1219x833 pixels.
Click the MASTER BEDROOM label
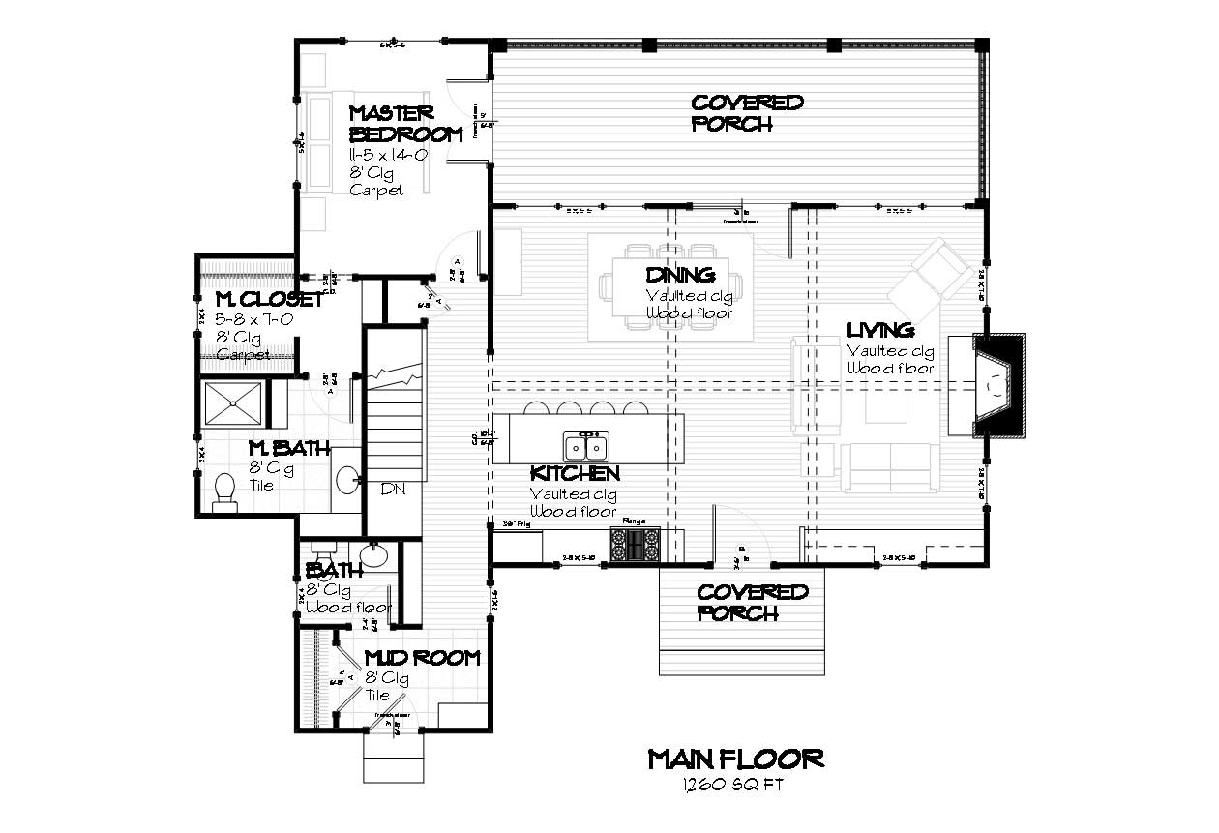tap(404, 124)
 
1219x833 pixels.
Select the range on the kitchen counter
tap(635, 544)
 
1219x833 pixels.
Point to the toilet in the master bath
tap(224, 490)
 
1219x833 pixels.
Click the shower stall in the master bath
tap(232, 404)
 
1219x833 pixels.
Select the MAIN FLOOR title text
tap(735, 758)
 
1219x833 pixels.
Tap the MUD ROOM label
tap(422, 659)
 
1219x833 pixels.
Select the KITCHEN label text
tap(575, 474)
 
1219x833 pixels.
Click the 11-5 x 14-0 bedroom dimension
tap(387, 155)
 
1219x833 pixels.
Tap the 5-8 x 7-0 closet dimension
tap(253, 318)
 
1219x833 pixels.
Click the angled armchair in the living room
tap(931, 274)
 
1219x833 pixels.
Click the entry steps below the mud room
tap(393, 758)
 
